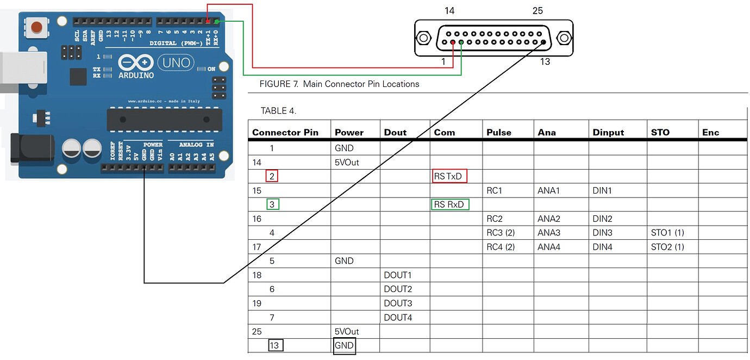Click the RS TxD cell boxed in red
pyautogui.click(x=449, y=176)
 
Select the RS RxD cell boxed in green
pyautogui.click(x=449, y=204)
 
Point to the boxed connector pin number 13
pyautogui.click(x=275, y=345)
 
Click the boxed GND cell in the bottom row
pyautogui.click(x=344, y=345)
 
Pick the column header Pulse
pyautogui.click(x=498, y=132)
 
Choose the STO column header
pyautogui.click(x=660, y=132)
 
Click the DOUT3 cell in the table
pyautogui.click(x=398, y=303)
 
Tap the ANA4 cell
pyautogui.click(x=548, y=247)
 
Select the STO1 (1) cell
pyautogui.click(x=667, y=233)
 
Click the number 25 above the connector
pyautogui.click(x=537, y=11)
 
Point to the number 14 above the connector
pyautogui.click(x=449, y=11)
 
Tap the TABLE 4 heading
pyautogui.click(x=278, y=111)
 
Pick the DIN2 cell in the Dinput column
pyautogui.click(x=603, y=219)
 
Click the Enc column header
pyautogui.click(x=710, y=132)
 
